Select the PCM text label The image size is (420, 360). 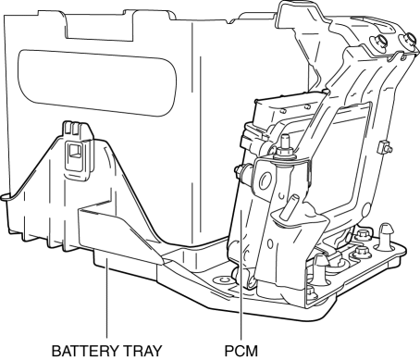[x=241, y=351]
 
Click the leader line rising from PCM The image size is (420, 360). [x=241, y=275]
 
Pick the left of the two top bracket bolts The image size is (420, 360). [x=378, y=42]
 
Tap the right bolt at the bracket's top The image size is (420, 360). [x=409, y=40]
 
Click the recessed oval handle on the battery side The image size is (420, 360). [x=97, y=82]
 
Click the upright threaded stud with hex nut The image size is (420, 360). [x=285, y=147]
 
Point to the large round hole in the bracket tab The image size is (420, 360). [x=266, y=180]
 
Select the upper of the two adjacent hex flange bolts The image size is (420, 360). [x=362, y=236]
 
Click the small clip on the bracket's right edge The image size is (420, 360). [x=384, y=147]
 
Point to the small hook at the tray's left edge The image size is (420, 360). [x=6, y=197]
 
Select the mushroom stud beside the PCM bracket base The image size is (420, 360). [x=320, y=268]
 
